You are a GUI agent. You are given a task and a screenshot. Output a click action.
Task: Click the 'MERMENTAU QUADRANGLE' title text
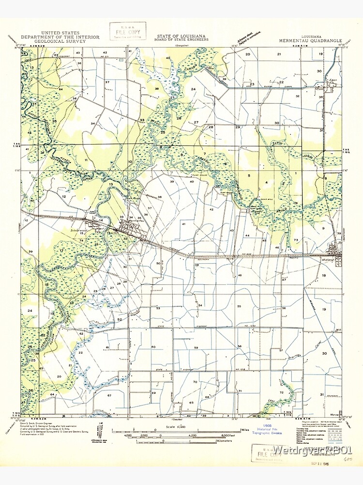tap(310, 41)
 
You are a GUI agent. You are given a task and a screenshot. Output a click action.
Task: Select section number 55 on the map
tap(239, 307)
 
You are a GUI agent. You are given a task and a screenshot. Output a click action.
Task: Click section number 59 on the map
tap(196, 348)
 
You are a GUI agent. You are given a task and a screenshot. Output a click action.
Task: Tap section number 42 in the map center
tap(211, 209)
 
